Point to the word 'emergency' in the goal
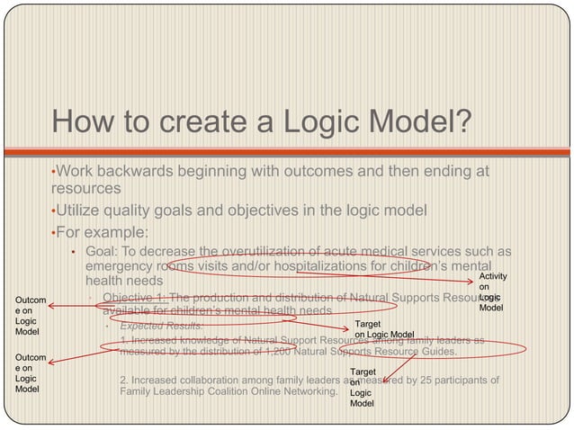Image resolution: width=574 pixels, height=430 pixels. (117, 266)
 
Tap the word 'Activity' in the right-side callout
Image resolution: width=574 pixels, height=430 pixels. (492, 278)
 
